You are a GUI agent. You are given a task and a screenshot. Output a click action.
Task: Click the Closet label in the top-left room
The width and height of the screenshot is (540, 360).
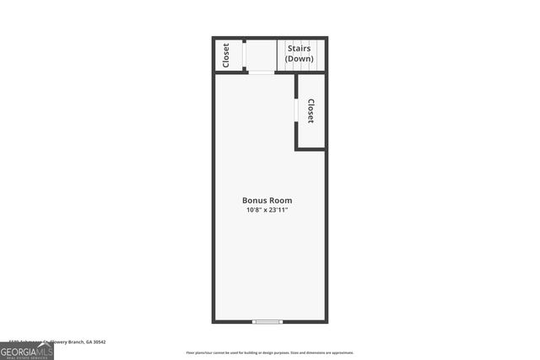226,55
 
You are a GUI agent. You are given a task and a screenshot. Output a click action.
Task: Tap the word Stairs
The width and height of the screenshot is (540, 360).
300,49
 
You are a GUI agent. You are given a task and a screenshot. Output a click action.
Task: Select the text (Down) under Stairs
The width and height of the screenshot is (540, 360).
300,59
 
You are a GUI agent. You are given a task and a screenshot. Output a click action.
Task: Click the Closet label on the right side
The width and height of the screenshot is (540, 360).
310,111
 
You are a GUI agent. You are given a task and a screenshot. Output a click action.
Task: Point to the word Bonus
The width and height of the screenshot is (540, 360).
255,201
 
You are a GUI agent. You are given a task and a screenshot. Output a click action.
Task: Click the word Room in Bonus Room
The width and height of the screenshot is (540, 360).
280,201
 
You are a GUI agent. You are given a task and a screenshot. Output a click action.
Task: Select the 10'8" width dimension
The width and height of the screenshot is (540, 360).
255,210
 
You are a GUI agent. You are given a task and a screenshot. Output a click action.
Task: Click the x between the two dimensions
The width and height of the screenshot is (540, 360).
267,210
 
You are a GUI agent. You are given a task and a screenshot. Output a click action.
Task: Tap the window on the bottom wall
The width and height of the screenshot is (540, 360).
268,321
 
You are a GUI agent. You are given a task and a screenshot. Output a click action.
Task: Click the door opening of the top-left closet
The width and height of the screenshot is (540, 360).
244,55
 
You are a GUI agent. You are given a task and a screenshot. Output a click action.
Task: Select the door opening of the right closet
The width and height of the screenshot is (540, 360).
295,110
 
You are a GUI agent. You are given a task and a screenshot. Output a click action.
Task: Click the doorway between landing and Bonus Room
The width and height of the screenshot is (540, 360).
262,73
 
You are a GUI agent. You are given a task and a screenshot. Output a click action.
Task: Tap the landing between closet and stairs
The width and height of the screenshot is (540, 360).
262,55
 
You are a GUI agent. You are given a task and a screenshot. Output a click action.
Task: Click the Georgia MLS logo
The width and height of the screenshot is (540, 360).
26,351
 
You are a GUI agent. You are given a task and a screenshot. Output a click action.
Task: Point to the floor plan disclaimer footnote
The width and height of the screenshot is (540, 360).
270,352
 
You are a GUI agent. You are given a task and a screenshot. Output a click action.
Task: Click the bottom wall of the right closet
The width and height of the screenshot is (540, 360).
310,149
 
